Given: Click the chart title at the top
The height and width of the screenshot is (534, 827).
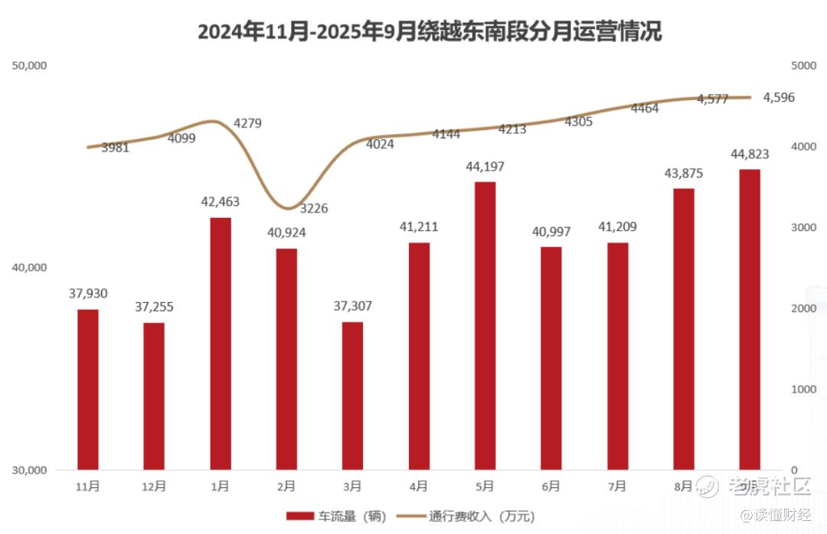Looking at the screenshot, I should click(x=429, y=31).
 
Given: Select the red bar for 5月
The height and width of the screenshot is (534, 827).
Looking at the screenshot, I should click(x=485, y=325).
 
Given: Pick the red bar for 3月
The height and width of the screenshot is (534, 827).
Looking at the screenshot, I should click(x=352, y=395).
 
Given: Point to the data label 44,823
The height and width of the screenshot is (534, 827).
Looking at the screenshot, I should click(x=750, y=155).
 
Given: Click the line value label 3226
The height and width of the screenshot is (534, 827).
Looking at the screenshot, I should click(x=312, y=208).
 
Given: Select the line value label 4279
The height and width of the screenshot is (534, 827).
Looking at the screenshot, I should click(x=247, y=122).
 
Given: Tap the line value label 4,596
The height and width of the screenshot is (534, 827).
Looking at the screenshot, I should click(x=779, y=97).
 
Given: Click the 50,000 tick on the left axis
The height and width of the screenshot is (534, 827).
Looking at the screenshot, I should click(x=30, y=66).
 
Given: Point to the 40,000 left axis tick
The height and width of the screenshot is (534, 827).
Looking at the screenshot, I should click(x=30, y=268).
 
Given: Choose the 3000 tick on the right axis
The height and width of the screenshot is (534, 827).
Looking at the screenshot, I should click(x=804, y=227).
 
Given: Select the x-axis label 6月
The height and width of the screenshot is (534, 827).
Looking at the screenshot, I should click(x=551, y=486).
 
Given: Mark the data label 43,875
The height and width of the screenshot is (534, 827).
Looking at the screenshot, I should click(x=683, y=174).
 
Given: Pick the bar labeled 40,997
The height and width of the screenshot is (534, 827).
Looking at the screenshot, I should click(x=551, y=358).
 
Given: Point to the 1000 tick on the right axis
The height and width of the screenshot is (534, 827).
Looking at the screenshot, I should click(x=804, y=389).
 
